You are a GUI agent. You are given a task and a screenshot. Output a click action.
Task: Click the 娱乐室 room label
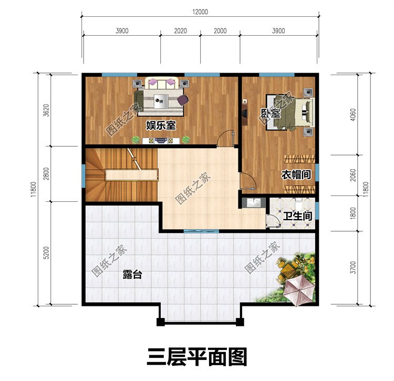160,125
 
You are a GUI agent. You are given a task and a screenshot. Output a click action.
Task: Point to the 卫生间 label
297,215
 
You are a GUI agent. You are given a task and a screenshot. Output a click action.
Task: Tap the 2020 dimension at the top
180,31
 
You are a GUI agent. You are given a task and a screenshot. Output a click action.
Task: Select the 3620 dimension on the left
46,111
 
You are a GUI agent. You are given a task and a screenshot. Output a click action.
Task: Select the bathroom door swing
273,221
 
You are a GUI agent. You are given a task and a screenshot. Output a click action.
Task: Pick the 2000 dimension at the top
220,31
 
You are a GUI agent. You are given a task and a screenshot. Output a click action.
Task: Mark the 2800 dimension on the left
46,173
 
